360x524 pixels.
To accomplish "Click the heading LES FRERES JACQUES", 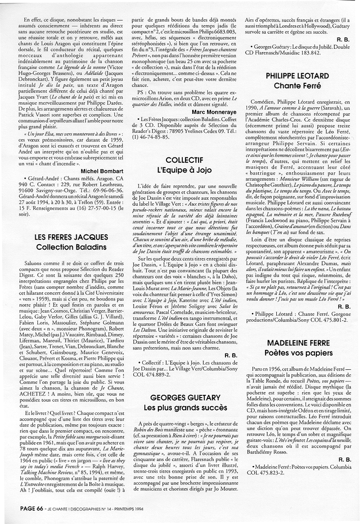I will pyautogui.click(x=71, y=237).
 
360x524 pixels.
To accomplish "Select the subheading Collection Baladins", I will pyautogui.click(x=71, y=247).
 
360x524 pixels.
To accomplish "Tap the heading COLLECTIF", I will pyautogui.click(x=184, y=160).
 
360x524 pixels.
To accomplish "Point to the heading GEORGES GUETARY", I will pyautogui.click(x=185, y=398).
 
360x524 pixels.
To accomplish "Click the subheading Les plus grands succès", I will pyautogui.click(x=185, y=408).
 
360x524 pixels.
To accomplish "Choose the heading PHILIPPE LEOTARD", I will pyautogui.click(x=297, y=76).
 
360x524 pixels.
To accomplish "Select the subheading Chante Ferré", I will pyautogui.click(x=297, y=85).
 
